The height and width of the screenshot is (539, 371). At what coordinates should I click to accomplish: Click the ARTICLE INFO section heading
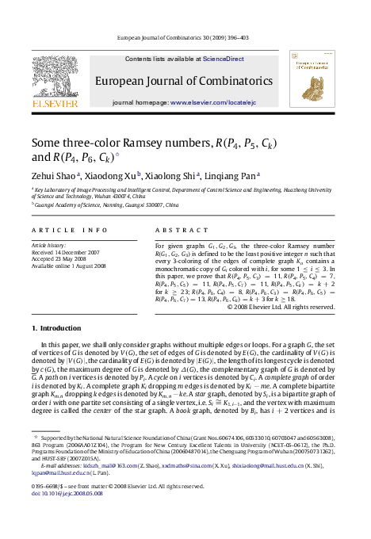[x=69, y=230]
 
